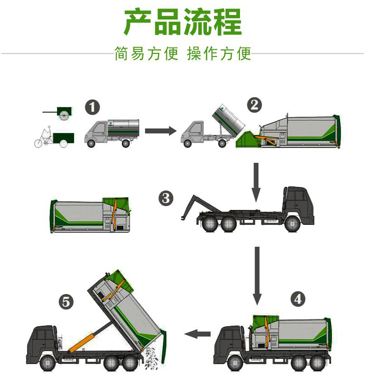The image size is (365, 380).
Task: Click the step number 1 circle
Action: [x=92, y=108]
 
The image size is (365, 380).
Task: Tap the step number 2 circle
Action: [x=254, y=105]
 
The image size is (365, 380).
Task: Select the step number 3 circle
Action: [x=166, y=198]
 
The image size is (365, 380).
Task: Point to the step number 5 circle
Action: [x=67, y=301]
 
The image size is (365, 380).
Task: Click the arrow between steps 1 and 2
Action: [x=160, y=131]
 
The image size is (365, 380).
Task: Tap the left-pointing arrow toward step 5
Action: [x=198, y=334]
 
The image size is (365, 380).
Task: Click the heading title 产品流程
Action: [x=182, y=22]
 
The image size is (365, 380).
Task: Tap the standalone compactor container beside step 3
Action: [x=88, y=215]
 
